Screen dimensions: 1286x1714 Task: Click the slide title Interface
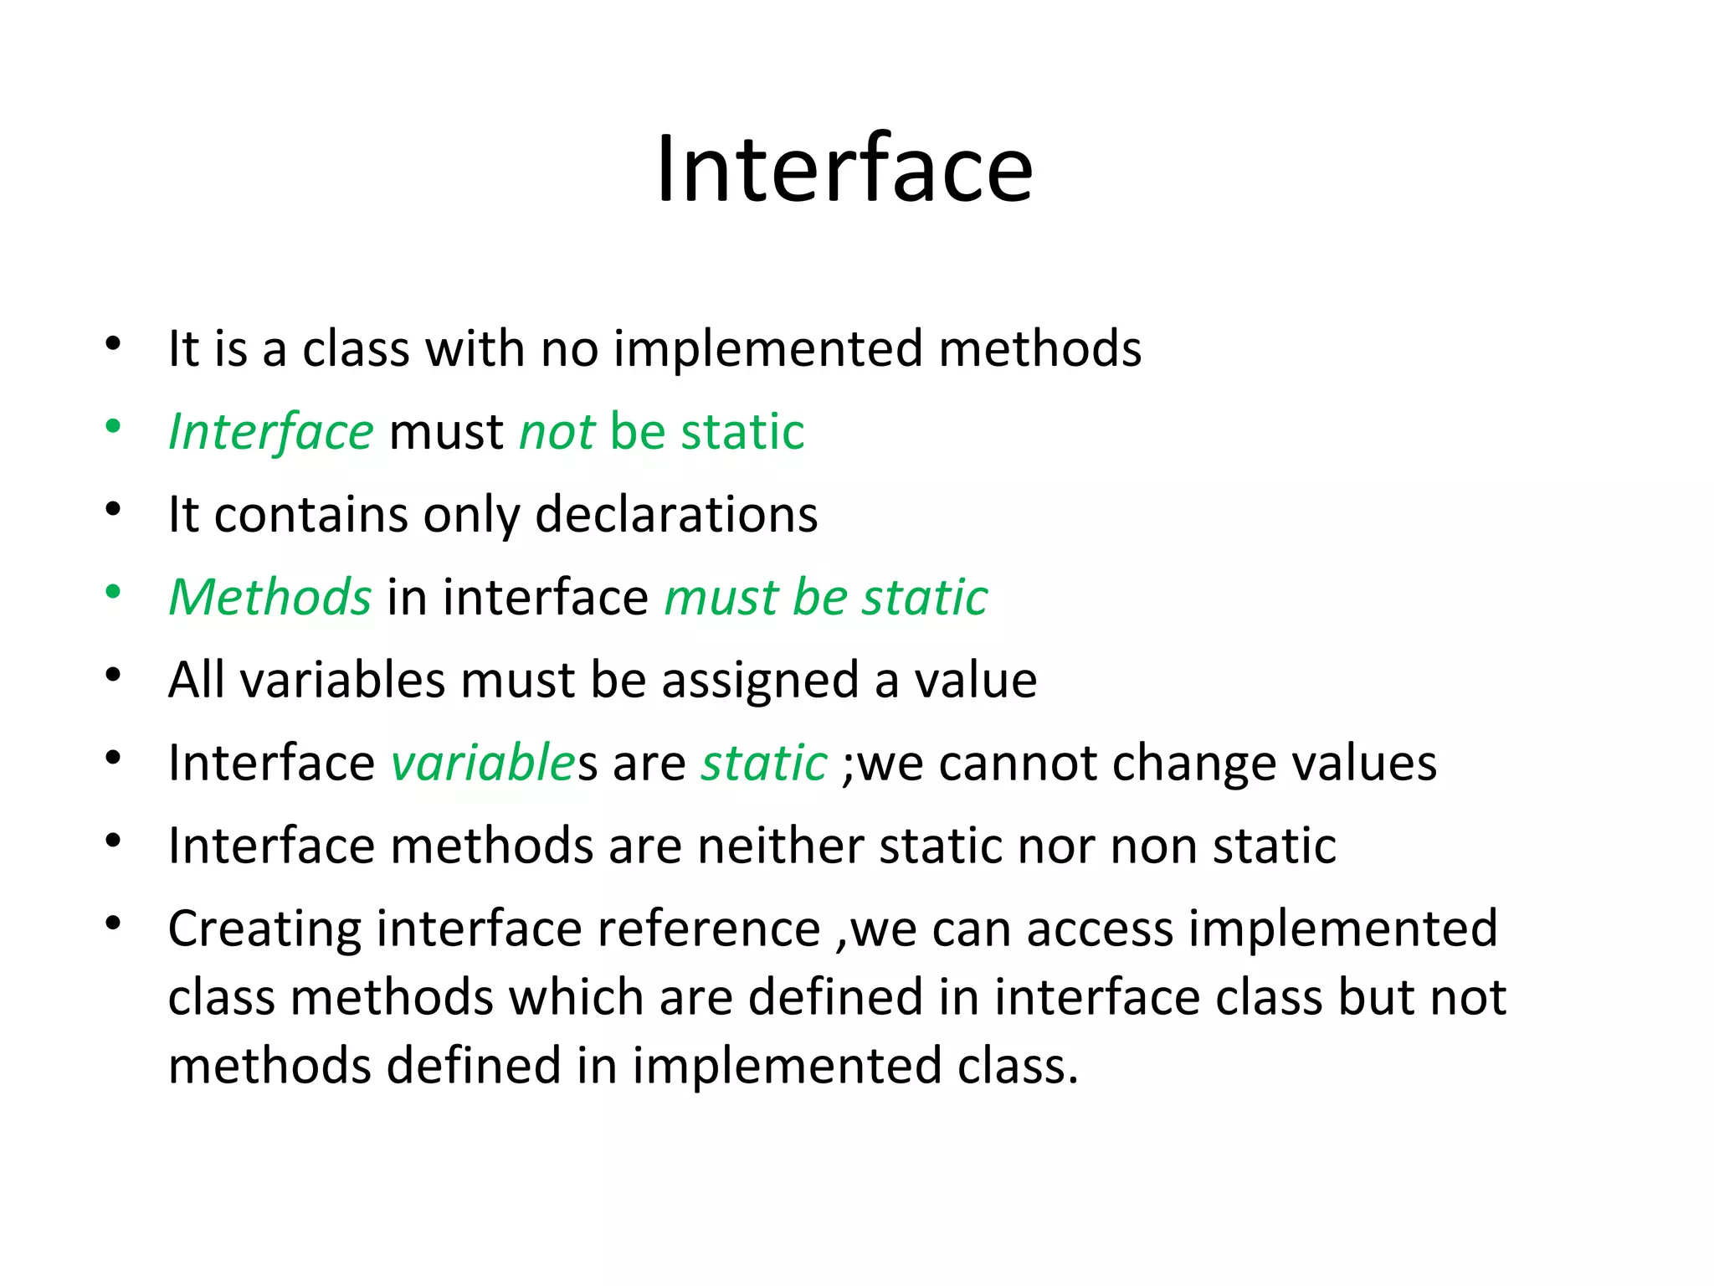(x=844, y=170)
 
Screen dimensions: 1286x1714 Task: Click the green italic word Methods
(x=269, y=597)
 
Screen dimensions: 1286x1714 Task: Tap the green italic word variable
(x=483, y=763)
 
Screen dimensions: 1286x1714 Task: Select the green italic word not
(x=557, y=432)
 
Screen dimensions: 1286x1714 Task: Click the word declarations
(x=676, y=514)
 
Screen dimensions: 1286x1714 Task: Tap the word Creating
(x=264, y=928)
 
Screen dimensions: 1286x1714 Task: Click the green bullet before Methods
(x=113, y=593)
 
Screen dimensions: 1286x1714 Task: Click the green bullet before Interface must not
(x=113, y=428)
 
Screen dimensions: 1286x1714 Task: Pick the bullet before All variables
(x=113, y=675)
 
